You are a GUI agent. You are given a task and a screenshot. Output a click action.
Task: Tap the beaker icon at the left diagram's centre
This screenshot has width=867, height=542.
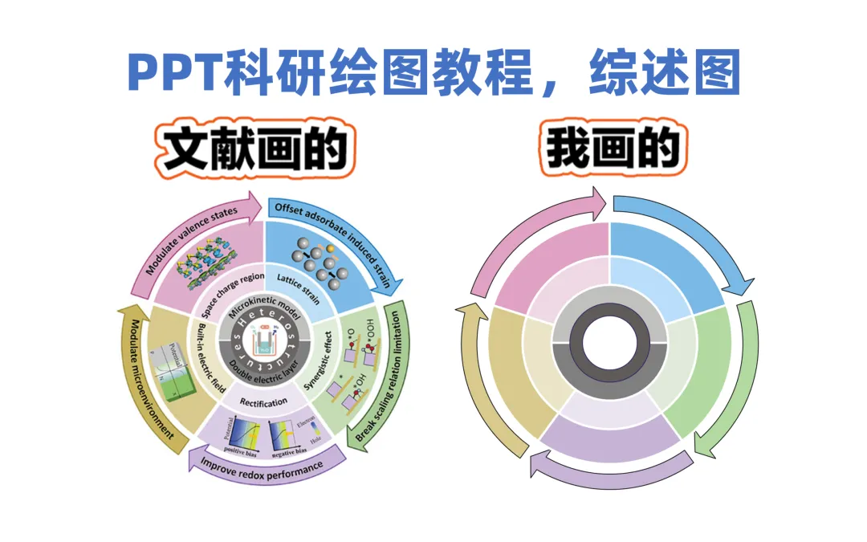tap(261, 344)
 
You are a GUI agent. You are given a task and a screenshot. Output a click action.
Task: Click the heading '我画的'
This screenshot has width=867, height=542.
tap(613, 149)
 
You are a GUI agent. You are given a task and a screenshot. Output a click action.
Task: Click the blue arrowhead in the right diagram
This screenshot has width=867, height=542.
tap(739, 283)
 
